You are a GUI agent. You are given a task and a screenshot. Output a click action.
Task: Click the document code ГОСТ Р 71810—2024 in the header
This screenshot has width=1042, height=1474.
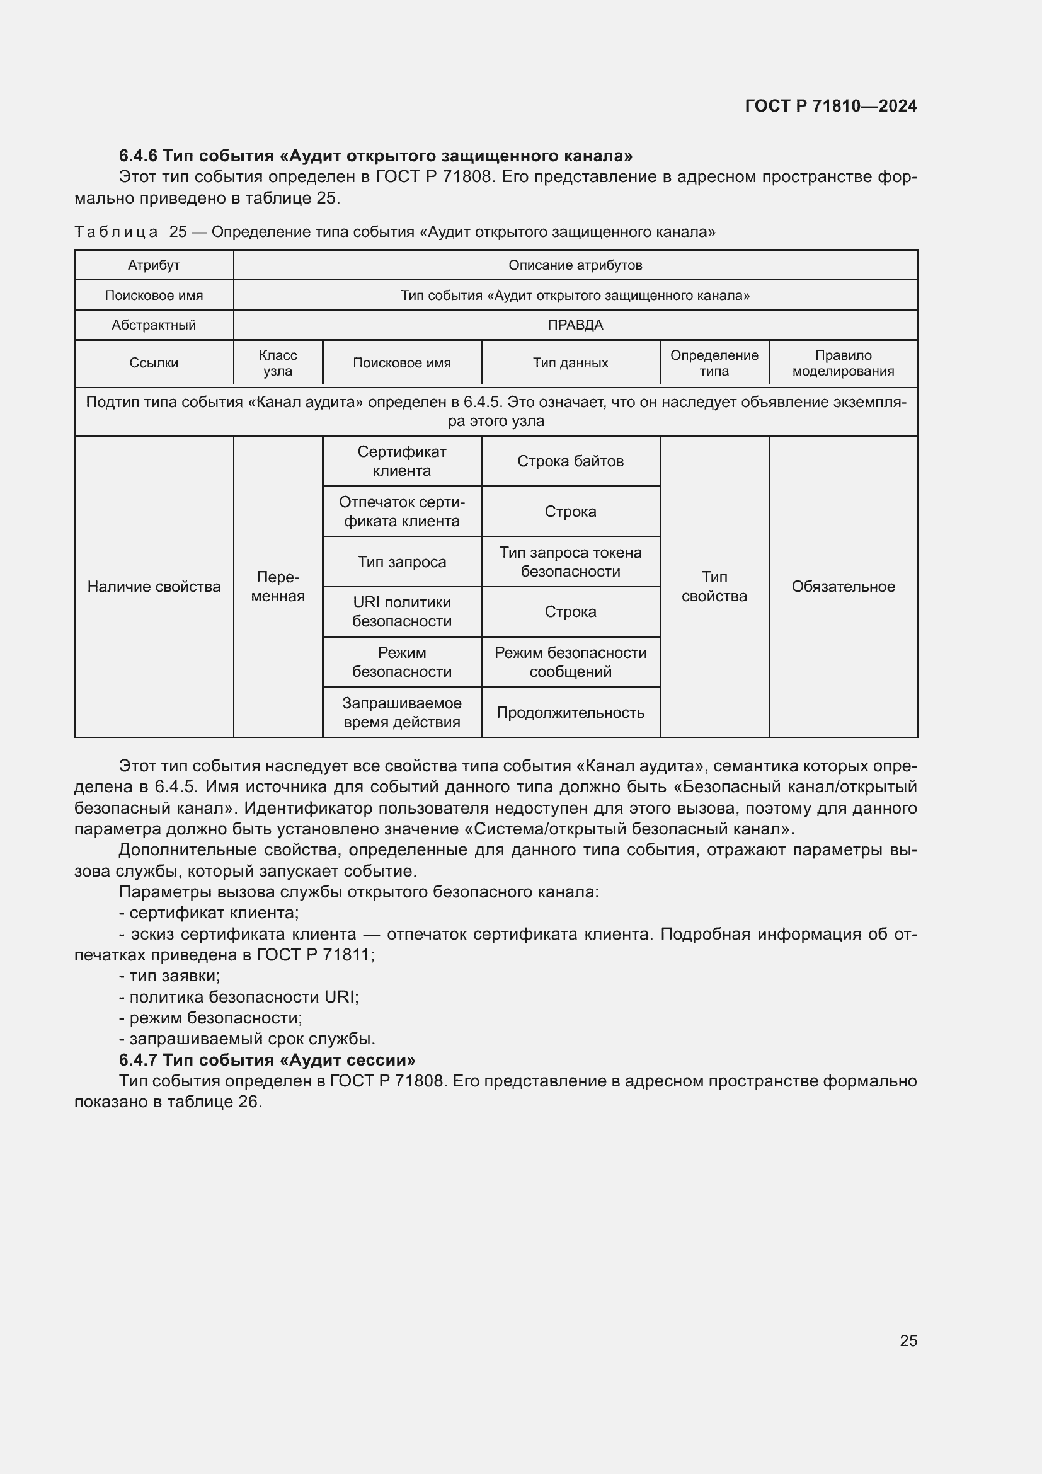click(830, 106)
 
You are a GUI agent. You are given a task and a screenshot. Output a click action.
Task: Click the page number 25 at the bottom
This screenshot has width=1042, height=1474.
click(908, 1340)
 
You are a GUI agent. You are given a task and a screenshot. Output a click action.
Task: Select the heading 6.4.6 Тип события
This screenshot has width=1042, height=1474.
click(375, 156)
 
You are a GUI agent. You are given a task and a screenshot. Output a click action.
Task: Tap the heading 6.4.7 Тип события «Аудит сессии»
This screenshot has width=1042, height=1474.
click(267, 1059)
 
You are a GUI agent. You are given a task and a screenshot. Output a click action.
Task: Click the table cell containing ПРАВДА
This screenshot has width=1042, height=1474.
click(575, 325)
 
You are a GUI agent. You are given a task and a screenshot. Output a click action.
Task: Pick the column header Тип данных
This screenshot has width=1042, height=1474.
click(570, 363)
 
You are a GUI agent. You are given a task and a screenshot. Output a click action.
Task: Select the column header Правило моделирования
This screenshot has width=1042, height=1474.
click(842, 363)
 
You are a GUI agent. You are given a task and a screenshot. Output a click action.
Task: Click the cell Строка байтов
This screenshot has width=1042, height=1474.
click(570, 461)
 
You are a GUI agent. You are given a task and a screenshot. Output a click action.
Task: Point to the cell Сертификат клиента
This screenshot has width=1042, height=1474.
click(402, 461)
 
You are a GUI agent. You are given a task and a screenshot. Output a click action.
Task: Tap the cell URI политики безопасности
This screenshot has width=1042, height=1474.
click(402, 611)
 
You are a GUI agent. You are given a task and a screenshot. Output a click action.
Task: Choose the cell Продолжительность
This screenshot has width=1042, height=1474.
click(570, 712)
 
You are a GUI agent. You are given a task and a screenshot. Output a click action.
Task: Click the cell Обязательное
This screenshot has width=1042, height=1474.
click(842, 586)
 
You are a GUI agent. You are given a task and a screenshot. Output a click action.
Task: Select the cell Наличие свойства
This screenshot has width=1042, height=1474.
click(153, 586)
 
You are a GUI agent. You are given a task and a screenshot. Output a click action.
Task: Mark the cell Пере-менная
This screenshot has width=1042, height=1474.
click(278, 586)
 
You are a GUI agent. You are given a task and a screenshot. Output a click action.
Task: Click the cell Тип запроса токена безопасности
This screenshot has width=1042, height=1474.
click(570, 561)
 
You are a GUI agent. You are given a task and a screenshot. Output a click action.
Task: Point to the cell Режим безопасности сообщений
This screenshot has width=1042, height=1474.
click(570, 662)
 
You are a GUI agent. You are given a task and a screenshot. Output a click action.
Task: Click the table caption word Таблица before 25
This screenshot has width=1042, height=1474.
click(116, 232)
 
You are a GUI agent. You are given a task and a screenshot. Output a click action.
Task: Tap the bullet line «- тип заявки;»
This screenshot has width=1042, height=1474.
click(169, 976)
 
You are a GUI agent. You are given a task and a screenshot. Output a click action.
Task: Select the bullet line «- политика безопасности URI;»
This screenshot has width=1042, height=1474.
click(239, 997)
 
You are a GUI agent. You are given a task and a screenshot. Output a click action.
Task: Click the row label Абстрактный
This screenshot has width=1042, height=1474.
click(153, 325)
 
